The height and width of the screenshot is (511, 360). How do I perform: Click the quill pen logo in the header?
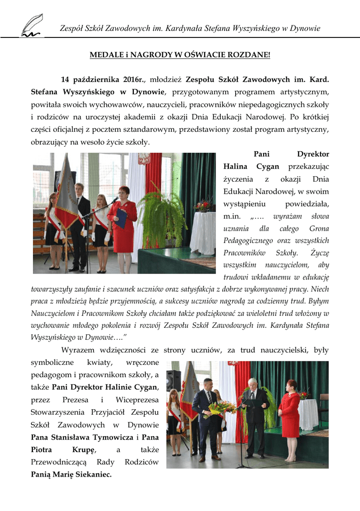coord(31,26)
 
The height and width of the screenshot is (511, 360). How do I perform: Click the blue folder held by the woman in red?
coord(121,218)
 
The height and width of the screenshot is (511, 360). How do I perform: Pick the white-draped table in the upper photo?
coord(202,232)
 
